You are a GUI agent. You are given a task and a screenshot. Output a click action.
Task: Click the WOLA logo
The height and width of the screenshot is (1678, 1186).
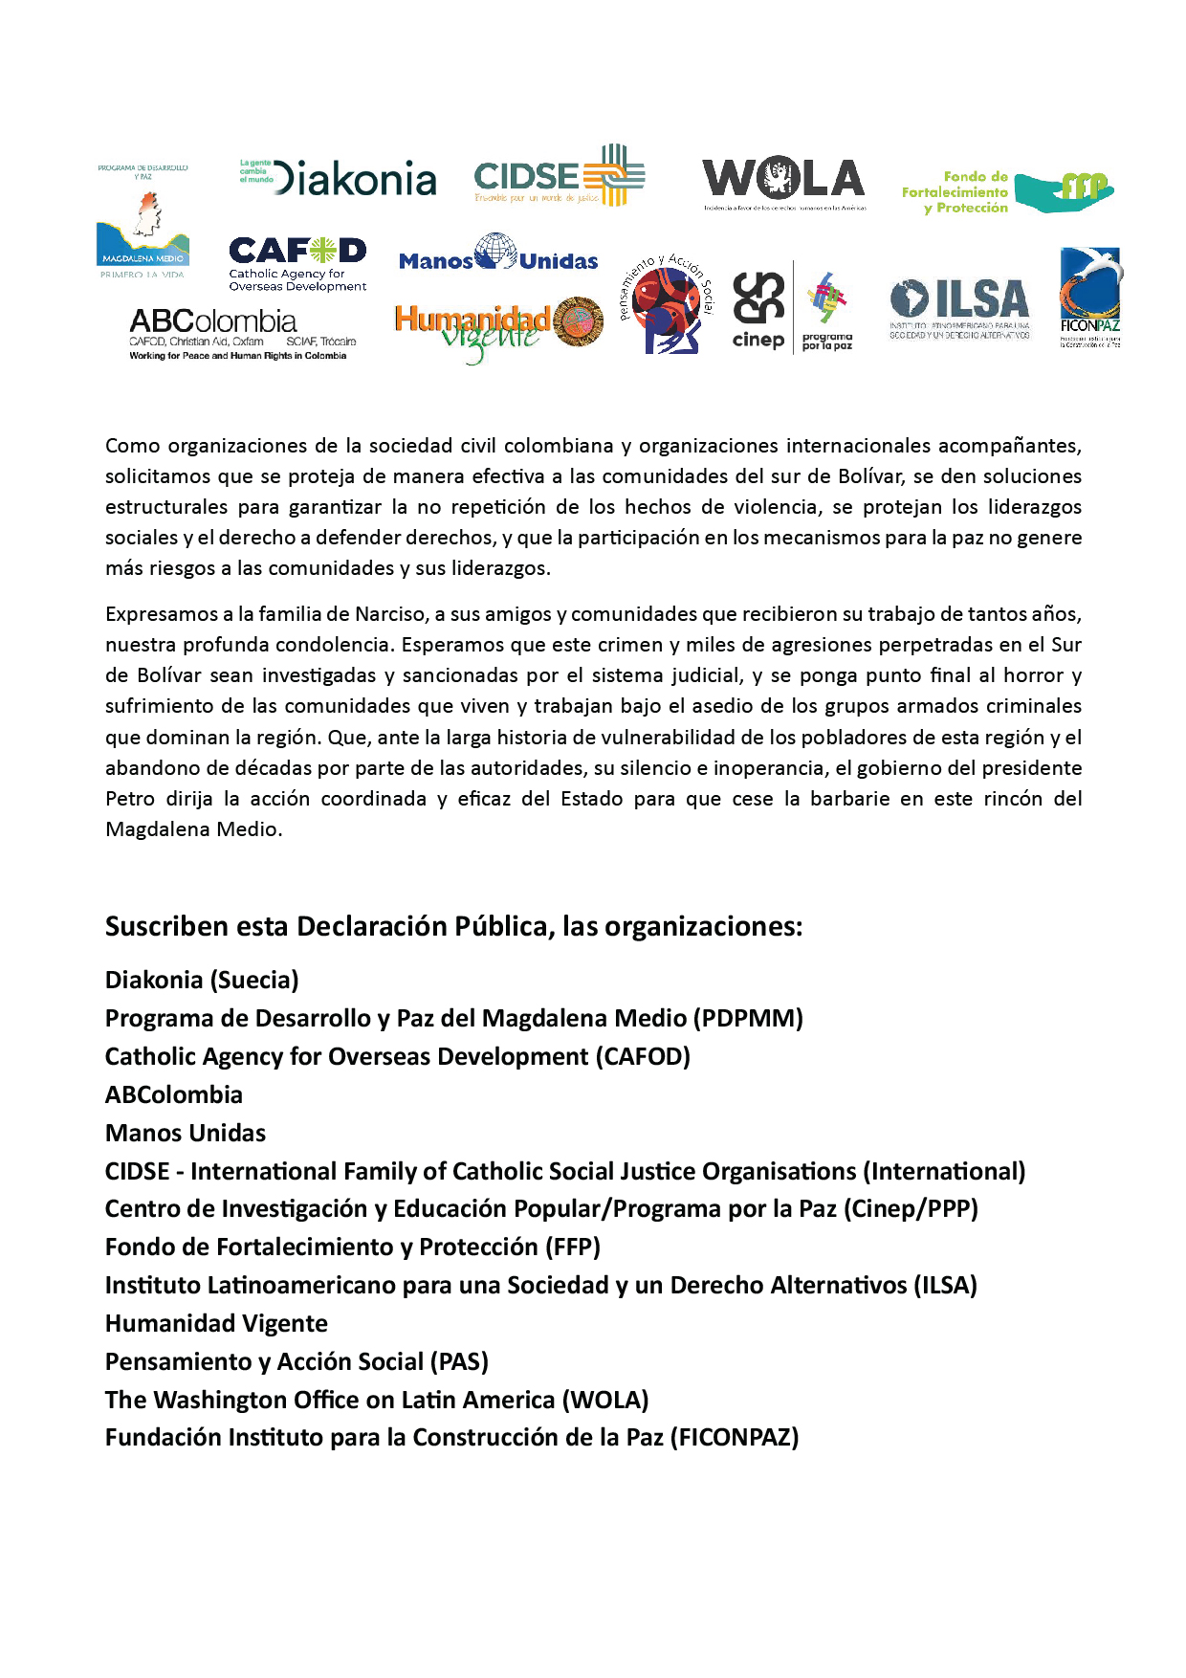783,182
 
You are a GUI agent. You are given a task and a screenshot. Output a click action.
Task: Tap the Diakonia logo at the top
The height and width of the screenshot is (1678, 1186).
339,179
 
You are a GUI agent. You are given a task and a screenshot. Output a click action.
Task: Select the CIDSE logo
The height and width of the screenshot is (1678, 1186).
560,176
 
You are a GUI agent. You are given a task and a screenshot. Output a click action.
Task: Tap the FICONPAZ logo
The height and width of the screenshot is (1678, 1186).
1090,298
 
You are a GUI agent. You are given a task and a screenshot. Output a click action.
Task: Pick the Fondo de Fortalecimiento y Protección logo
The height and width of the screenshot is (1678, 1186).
1007,191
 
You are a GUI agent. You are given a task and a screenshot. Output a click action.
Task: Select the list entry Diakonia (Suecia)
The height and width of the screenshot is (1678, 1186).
202,980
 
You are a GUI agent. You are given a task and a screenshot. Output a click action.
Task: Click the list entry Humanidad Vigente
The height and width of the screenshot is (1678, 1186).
216,1323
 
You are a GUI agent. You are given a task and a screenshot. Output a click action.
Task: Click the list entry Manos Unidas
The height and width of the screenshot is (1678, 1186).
186,1133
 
